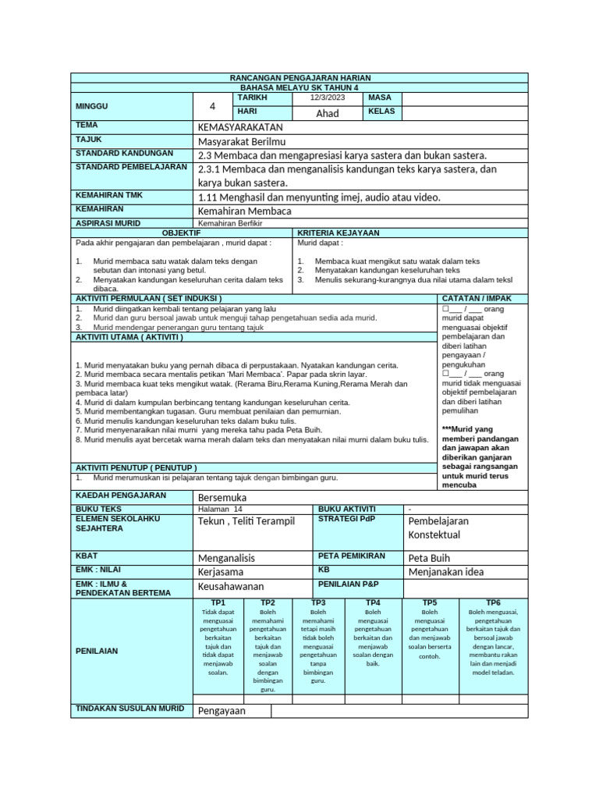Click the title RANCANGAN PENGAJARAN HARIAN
coord(299,78)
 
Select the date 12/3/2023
coord(327,98)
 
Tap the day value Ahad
coord(328,113)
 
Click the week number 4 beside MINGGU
coord(212,106)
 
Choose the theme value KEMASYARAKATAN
coord(240,127)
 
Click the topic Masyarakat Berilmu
coord(243,140)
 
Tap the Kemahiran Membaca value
coord(245,211)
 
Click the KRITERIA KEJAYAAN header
coord(338,233)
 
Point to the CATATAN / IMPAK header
coord(477,298)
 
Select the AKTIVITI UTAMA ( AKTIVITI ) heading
coord(129,337)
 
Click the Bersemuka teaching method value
coord(223,497)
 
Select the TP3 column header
coord(318,602)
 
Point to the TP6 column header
coord(493,602)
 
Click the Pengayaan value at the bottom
coord(222,711)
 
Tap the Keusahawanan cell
coord(232,586)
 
